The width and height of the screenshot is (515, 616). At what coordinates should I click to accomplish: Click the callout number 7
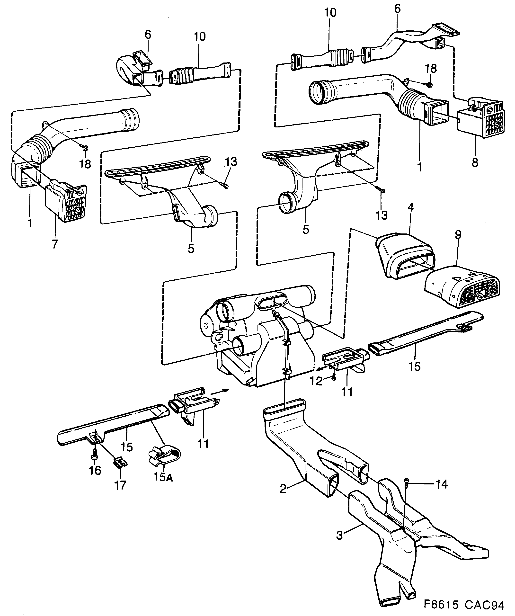[55, 244]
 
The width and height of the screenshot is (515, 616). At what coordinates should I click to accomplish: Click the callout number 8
[475, 162]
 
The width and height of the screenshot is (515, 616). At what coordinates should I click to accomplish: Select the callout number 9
[458, 234]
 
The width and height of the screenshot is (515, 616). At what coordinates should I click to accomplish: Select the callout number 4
[410, 208]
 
